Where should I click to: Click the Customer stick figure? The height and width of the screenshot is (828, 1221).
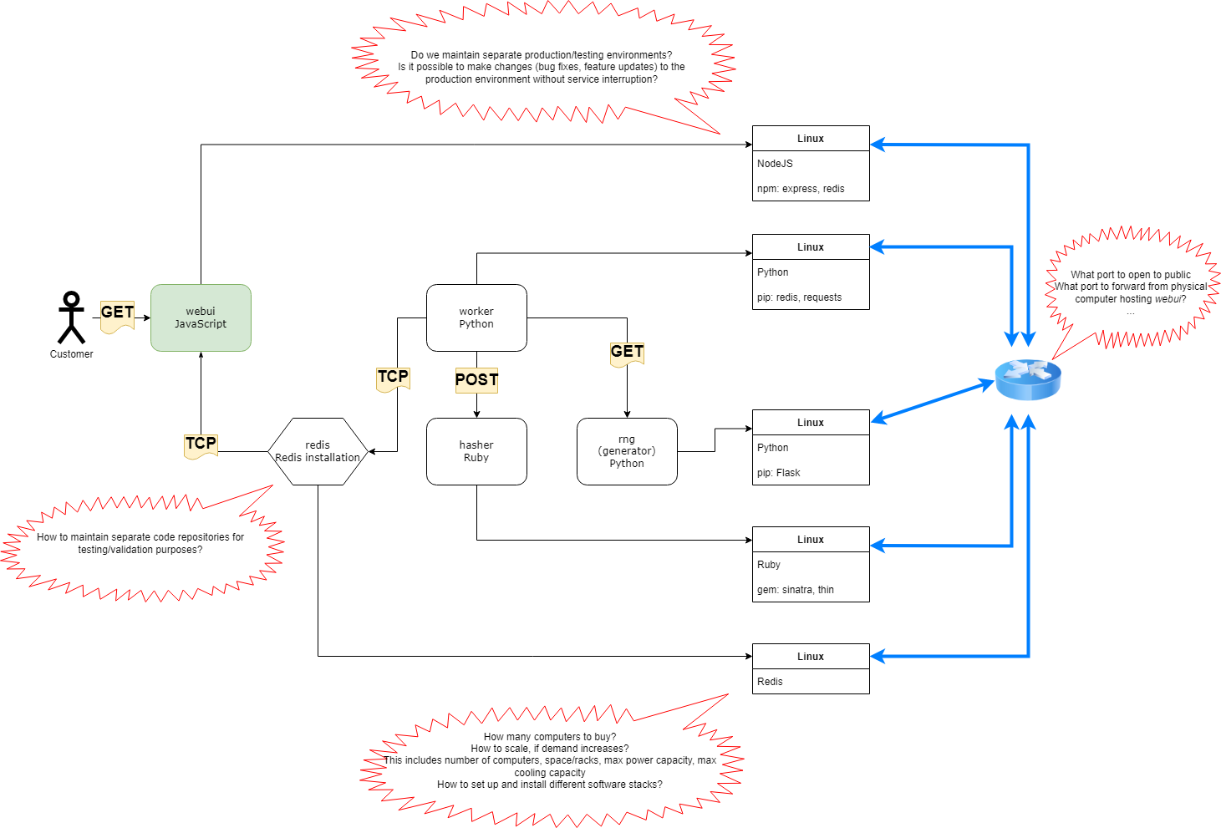coord(71,318)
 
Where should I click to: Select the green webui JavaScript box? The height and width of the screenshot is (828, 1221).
coord(201,317)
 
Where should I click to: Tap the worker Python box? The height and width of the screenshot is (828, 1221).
coord(476,317)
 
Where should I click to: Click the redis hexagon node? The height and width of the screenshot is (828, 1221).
coord(318,451)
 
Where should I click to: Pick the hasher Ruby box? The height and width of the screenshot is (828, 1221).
coord(476,451)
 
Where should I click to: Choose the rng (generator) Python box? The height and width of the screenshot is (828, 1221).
coord(627,451)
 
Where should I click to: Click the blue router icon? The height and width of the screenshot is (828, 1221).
coord(1028,380)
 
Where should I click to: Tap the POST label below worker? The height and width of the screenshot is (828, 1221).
coord(476,380)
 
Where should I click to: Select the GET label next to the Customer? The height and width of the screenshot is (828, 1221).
coord(117,313)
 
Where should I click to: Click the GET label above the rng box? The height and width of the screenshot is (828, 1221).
coord(627,353)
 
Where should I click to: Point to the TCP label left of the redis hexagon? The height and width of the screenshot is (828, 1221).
coord(201,444)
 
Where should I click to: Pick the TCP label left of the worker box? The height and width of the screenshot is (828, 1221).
coord(393,378)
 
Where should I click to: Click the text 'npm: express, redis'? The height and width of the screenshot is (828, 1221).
coord(801,189)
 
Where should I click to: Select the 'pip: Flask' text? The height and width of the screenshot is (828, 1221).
coord(779,473)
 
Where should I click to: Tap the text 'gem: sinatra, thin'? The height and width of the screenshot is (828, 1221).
coord(796,590)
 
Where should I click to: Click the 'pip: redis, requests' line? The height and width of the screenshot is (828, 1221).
coord(799,297)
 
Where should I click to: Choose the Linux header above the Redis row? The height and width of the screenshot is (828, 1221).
coord(811,657)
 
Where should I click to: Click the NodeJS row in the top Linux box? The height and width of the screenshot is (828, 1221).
coord(776,164)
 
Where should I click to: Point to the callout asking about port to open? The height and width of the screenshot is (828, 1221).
coord(1130,287)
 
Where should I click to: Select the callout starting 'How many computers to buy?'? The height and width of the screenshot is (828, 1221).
coord(550,760)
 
